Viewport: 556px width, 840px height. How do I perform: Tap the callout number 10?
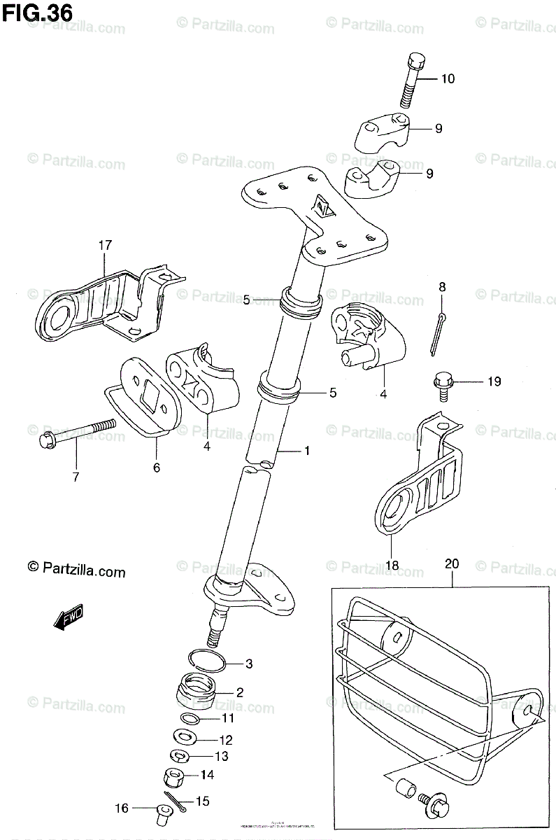(x=447, y=79)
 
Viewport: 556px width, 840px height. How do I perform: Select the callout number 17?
(x=105, y=246)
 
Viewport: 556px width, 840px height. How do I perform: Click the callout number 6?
(x=156, y=467)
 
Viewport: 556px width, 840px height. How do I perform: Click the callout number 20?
(x=451, y=563)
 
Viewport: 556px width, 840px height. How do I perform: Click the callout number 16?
(x=122, y=808)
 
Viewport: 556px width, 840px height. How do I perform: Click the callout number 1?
(x=306, y=451)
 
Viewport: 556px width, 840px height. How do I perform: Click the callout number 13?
(x=221, y=756)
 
